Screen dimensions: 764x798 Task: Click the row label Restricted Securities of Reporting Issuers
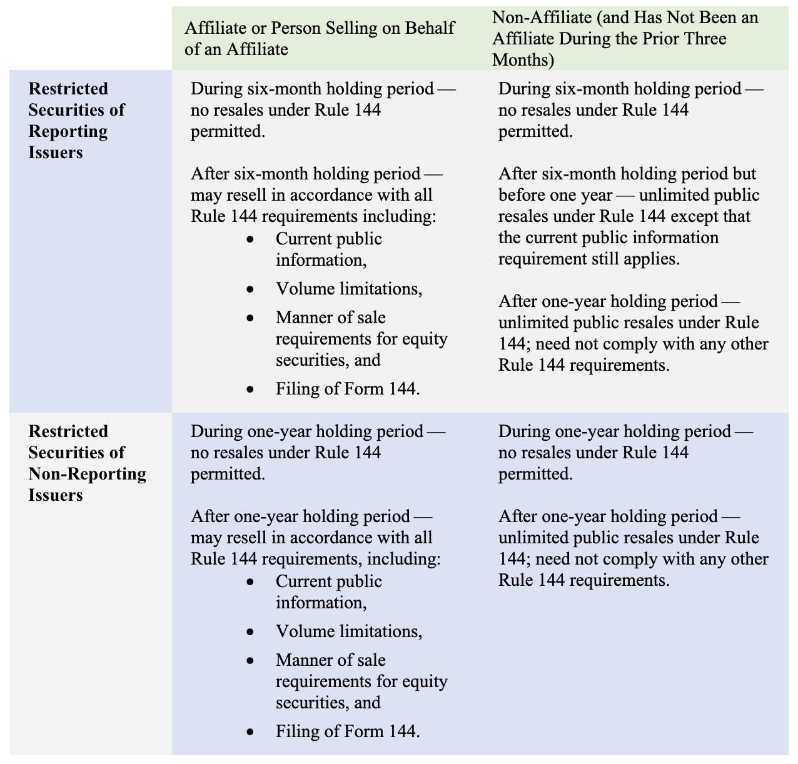tap(77, 121)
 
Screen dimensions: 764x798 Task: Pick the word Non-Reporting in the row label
tap(88, 474)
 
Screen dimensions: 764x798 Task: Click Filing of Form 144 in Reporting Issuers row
tap(347, 389)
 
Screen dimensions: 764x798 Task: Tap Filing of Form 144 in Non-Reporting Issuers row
tap(347, 731)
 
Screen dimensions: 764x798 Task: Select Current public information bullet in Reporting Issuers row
tap(328, 249)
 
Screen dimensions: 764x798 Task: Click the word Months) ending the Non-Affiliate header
tap(523, 60)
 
